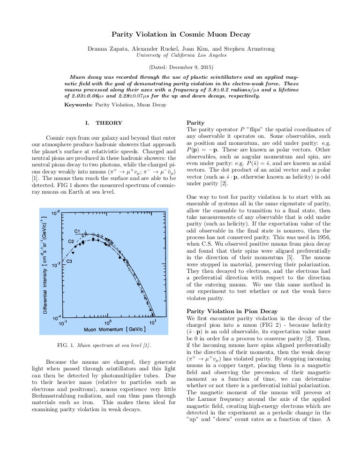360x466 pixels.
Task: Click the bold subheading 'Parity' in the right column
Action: pos(195,123)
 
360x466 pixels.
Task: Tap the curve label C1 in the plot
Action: pos(78,231)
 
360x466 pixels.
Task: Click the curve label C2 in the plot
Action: pos(71,241)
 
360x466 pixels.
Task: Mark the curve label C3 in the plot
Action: pos(68,261)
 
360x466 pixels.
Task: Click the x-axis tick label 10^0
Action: pos(107,321)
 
